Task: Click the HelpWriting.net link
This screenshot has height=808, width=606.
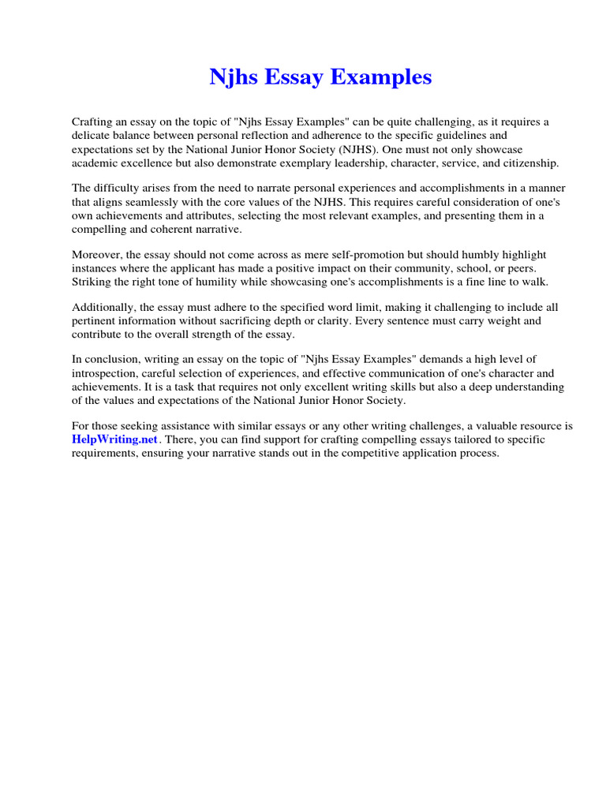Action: coord(115,440)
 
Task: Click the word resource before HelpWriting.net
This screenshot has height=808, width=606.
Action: coord(537,426)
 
